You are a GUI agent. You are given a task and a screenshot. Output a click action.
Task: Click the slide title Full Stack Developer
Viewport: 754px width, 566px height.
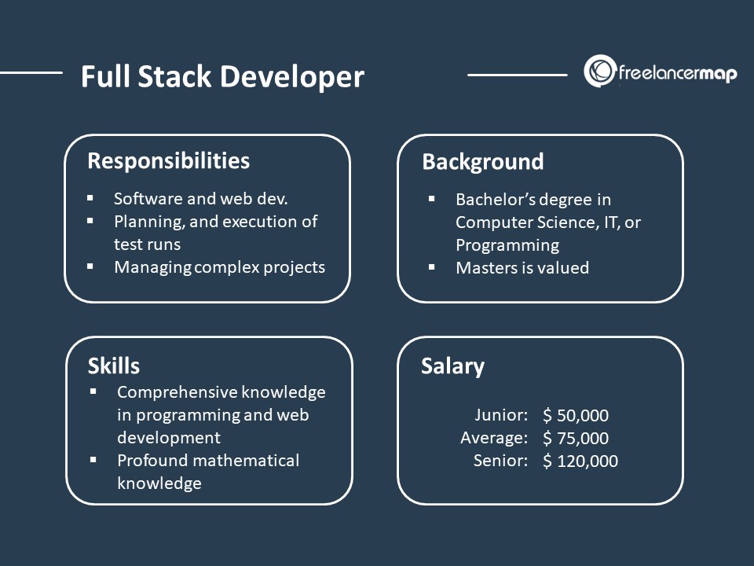222,77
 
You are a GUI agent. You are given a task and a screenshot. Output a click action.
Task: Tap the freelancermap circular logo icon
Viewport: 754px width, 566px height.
600,72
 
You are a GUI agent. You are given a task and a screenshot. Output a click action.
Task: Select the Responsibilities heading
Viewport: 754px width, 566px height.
168,161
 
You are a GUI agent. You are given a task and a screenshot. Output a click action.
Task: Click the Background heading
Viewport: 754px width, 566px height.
482,162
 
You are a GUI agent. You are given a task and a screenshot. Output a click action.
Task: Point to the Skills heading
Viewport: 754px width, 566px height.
113,366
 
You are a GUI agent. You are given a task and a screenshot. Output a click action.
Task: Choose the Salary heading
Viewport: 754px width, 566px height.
452,366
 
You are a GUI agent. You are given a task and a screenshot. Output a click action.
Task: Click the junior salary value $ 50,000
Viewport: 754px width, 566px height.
576,416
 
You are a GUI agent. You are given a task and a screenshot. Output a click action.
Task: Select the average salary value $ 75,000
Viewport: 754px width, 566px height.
576,439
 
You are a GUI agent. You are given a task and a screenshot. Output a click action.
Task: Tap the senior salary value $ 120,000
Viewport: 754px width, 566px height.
580,461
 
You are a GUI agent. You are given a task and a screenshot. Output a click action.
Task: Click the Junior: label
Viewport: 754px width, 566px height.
501,415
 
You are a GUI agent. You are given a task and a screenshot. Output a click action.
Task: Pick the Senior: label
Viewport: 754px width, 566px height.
500,461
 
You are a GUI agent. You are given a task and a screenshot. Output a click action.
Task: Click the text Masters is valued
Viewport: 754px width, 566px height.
522,267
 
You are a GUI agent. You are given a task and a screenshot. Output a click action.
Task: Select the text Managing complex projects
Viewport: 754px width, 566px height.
219,267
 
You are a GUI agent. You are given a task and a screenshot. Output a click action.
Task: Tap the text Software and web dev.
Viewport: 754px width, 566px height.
201,199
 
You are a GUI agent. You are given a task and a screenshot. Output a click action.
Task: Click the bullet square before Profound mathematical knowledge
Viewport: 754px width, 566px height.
93,459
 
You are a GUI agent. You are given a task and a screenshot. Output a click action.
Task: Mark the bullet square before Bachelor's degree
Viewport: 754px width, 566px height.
432,199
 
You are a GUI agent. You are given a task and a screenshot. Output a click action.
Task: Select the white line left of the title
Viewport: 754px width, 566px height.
31,73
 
